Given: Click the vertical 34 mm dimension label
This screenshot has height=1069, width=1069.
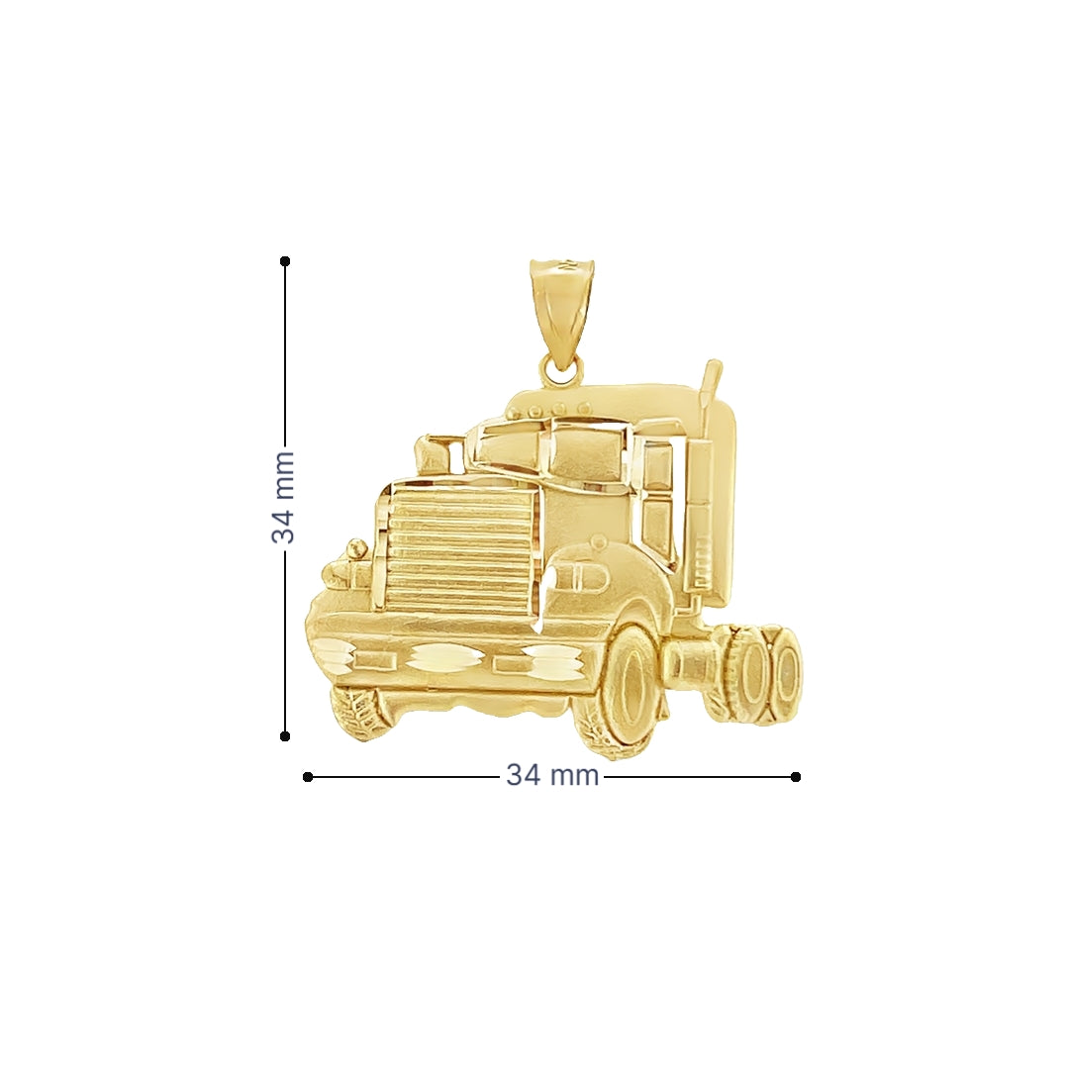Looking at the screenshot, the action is [283, 496].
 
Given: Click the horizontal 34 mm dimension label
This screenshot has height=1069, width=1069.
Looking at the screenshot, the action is [552, 775].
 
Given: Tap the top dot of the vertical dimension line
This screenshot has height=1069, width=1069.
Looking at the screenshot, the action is [285, 261].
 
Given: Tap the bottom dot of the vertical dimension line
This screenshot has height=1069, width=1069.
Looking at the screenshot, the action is [285, 736].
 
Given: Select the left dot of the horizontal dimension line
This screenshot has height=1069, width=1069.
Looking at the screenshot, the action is [308, 777].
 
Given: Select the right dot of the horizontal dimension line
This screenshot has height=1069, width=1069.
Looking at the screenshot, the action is [796, 777].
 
